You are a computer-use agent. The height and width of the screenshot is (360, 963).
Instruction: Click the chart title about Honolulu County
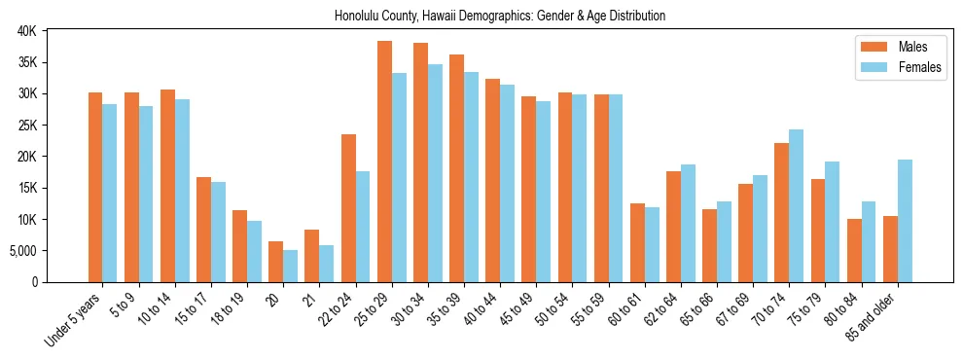pyautogui.click(x=500, y=17)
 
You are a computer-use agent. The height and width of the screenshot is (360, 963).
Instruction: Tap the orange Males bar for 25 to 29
pyautogui.click(x=385, y=162)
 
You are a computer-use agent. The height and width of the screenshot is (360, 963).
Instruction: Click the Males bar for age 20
pyautogui.click(x=276, y=262)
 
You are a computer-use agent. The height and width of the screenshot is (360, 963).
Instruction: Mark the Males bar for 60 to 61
pyautogui.click(x=638, y=242)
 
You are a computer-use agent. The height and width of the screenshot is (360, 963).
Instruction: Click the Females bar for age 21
pyautogui.click(x=327, y=264)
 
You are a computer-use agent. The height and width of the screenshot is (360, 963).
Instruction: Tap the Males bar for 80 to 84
pyautogui.click(x=854, y=250)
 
